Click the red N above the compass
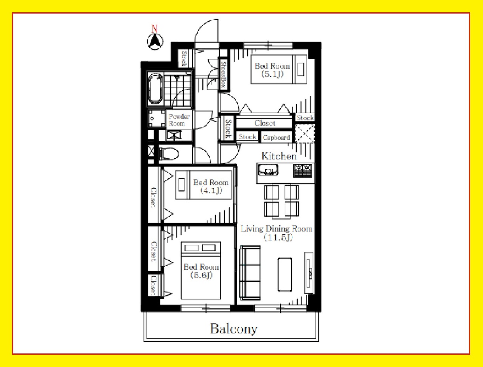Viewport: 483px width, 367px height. click(x=155, y=29)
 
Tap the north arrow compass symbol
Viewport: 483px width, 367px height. click(x=155, y=42)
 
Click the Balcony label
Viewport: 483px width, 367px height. click(x=234, y=329)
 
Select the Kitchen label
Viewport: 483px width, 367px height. click(x=279, y=156)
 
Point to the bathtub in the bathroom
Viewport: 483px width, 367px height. click(x=156, y=89)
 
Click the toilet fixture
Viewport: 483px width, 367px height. click(x=169, y=153)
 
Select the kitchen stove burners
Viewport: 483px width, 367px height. click(x=303, y=170)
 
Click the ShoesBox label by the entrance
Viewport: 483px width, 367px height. click(x=224, y=74)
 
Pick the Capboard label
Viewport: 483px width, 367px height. click(x=276, y=138)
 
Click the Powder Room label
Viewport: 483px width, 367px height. click(x=179, y=120)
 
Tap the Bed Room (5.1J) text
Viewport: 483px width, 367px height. click(x=272, y=70)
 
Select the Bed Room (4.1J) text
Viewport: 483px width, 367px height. click(x=211, y=186)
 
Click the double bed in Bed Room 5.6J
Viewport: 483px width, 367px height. click(x=201, y=270)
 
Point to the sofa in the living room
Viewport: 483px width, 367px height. click(x=250, y=273)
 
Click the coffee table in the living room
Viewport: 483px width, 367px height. click(x=285, y=274)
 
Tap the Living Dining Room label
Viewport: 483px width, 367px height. click(x=276, y=233)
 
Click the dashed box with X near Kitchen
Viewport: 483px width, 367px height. click(x=305, y=133)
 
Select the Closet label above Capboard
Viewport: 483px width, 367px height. click(x=265, y=123)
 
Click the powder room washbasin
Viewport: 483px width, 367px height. click(x=157, y=119)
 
